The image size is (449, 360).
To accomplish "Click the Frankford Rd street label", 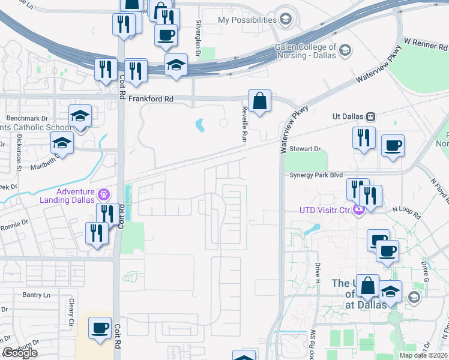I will point(153,98).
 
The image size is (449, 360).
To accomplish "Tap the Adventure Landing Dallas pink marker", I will point(104,194).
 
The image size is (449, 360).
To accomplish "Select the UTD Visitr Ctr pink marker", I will point(359,209).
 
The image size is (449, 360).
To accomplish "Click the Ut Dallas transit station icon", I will point(371,116).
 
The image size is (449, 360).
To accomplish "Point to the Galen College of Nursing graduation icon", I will point(345,52).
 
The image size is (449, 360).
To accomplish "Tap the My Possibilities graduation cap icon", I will point(286,19).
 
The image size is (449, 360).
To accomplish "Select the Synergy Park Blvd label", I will point(316,175).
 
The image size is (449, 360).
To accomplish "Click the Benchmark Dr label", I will point(27,118).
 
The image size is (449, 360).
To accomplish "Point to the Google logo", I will point(20,353).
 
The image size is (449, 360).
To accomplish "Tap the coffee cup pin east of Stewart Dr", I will point(393,146).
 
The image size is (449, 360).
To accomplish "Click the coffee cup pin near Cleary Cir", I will point(100,328).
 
